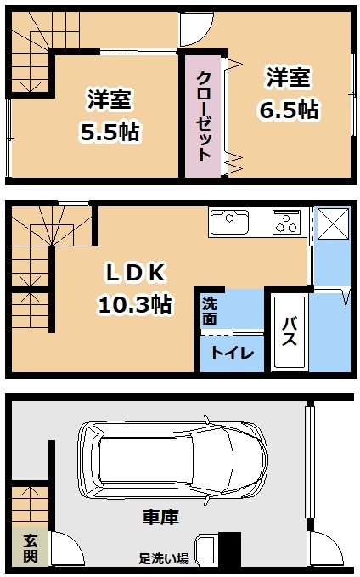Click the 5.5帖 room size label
pos(110,132)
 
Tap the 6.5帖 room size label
pos(289,110)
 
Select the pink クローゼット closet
pos(204,116)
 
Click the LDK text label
pos(135,273)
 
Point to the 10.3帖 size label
pos(135,304)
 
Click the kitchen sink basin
pos(229,222)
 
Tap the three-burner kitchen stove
pos(286,222)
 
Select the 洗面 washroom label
pos(209,311)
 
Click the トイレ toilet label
pos(233,353)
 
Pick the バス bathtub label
pos(289,332)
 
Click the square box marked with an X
pos(333,223)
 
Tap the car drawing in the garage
pos(172,461)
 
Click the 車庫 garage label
pos(160,517)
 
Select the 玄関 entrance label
pos(31,549)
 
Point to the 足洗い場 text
pos(164,558)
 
